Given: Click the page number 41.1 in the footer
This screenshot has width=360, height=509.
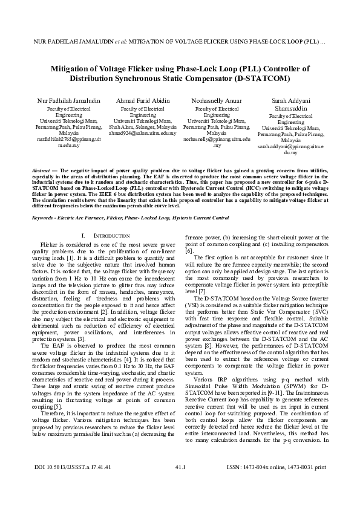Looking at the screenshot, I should click(x=180, y=484).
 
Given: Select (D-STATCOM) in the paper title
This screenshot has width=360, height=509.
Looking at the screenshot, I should click(x=260, y=79).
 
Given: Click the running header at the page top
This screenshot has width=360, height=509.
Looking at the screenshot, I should click(x=180, y=43).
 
